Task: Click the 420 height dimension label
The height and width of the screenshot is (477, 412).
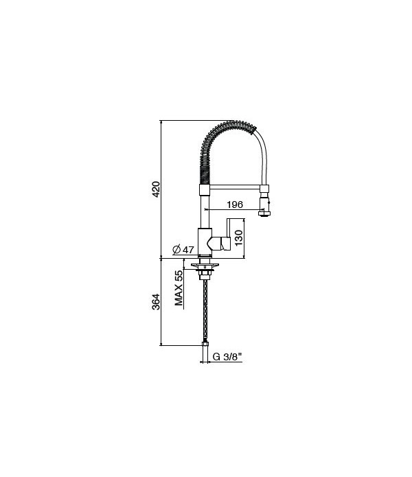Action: pyautogui.click(x=155, y=189)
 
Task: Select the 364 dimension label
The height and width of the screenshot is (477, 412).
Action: pyautogui.click(x=155, y=301)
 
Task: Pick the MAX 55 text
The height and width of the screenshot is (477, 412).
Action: pyautogui.click(x=179, y=288)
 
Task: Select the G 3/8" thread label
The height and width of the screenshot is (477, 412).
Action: pyautogui.click(x=227, y=357)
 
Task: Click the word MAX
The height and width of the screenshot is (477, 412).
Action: pyautogui.click(x=179, y=296)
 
